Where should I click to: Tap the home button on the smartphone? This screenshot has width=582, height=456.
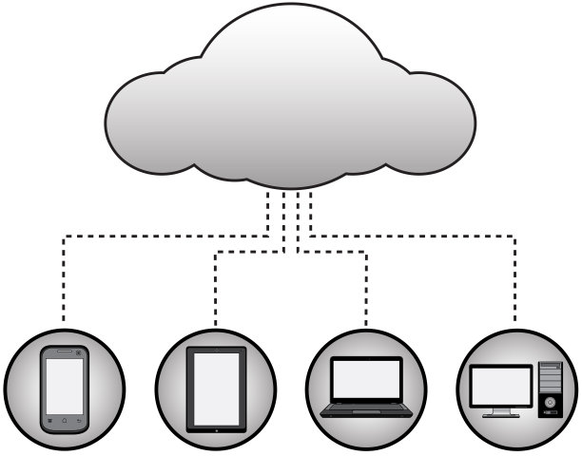click(64, 420)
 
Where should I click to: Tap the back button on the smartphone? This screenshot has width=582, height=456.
click(79, 420)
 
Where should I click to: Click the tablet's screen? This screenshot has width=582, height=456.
click(216, 385)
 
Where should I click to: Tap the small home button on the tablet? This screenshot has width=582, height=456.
click(216, 424)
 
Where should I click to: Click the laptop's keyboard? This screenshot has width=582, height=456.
click(366, 407)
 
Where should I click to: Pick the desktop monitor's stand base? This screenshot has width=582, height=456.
click(501, 416)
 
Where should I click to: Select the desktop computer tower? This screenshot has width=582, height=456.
click(550, 389)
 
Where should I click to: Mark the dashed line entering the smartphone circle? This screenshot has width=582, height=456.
click(63, 304)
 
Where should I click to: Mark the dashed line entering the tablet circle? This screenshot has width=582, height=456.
click(216, 304)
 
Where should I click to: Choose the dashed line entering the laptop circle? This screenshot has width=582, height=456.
click(367, 304)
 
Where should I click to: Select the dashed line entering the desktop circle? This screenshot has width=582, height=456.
click(516, 304)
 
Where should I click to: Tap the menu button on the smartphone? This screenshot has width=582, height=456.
click(48, 420)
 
